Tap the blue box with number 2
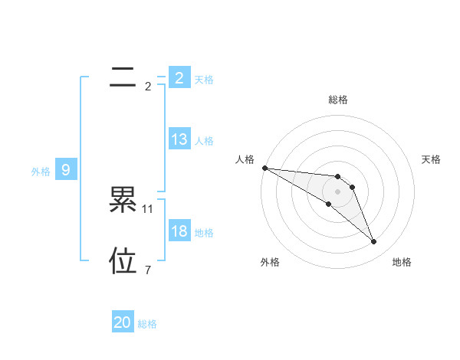pyautogui.click(x=179, y=77)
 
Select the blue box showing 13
pyautogui.click(x=179, y=139)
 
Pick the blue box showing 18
pyautogui.click(x=179, y=231)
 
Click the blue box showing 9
pyautogui.click(x=66, y=170)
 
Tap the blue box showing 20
pyautogui.click(x=123, y=322)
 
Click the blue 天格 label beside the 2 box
pyautogui.click(x=204, y=79)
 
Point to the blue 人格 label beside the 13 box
pyautogui.click(x=204, y=141)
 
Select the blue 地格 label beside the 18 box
pyautogui.click(x=204, y=233)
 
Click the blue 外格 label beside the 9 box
pyautogui.click(x=41, y=172)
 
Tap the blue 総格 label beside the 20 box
pyautogui.click(x=147, y=324)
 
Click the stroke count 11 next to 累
pyautogui.click(x=148, y=208)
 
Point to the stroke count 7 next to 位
pyautogui.click(x=148, y=270)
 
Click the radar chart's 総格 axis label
pyautogui.click(x=338, y=100)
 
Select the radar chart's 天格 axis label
pyautogui.click(x=431, y=159)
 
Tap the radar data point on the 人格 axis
pyautogui.click(x=264, y=168)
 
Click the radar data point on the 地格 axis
pyautogui.click(x=374, y=242)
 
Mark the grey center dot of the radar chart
pyautogui.click(x=338, y=191)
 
